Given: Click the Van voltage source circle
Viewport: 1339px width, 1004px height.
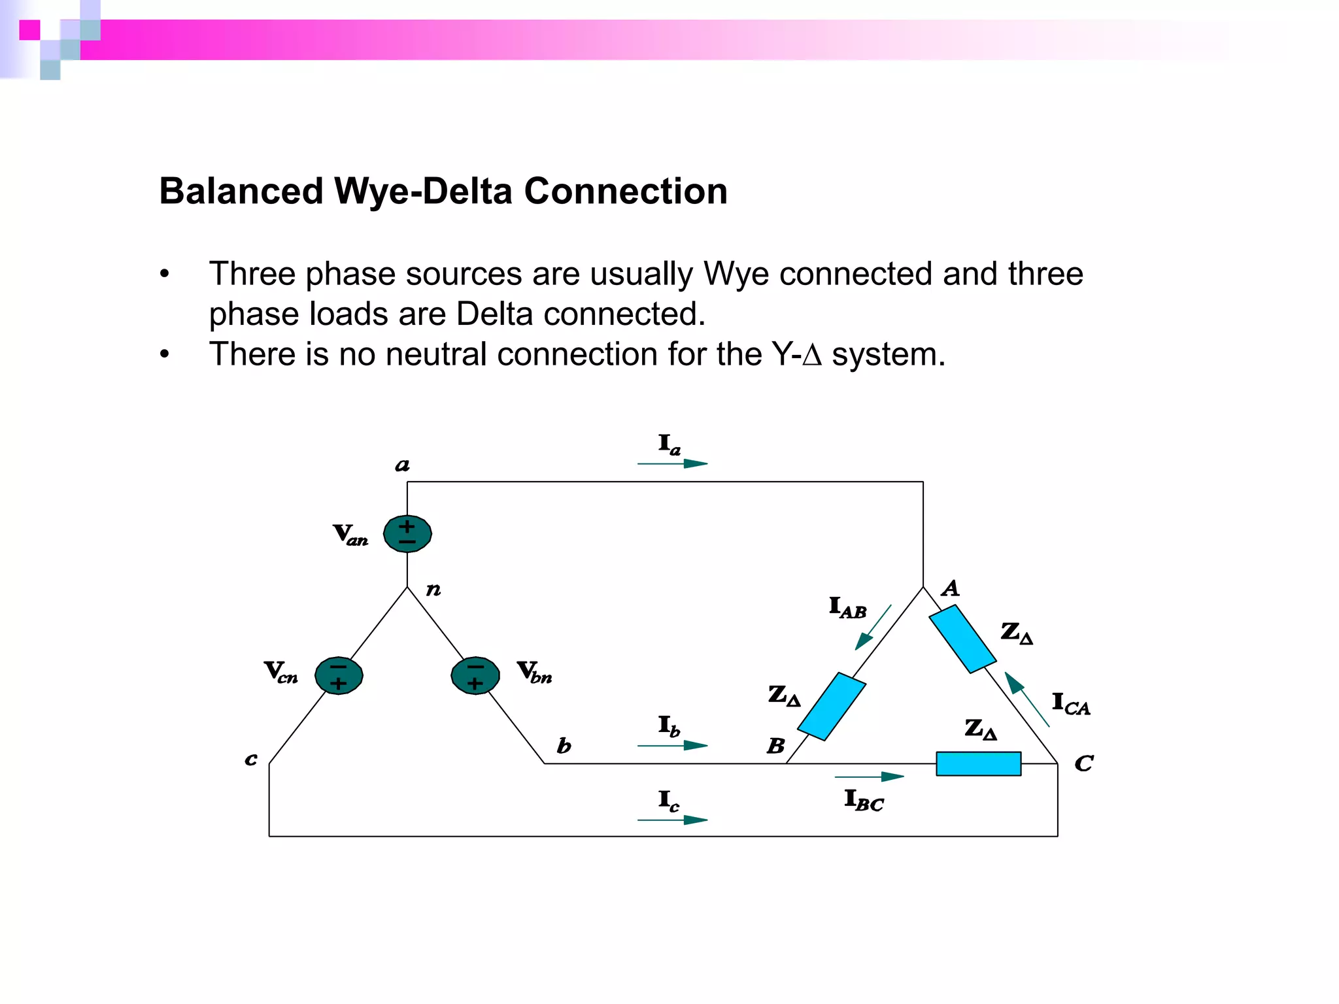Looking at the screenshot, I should pos(407,533).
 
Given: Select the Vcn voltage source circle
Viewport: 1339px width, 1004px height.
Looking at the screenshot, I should pos(339,675).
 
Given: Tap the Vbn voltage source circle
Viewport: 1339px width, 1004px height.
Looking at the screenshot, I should pos(475,675).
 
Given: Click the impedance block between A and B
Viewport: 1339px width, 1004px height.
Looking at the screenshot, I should pos(832,707).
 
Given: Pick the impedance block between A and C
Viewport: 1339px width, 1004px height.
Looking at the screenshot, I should pos(962,639).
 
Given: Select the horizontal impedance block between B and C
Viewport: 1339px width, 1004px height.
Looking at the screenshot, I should pos(978,763).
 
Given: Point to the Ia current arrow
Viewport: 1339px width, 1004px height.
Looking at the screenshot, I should pos(672,463).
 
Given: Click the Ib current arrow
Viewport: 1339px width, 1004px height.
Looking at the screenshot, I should pos(672,745).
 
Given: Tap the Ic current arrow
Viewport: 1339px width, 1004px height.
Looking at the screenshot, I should pos(672,819).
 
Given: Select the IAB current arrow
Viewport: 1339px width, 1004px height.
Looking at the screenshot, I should pos(873,627).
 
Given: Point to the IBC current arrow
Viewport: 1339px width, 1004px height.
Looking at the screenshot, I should pos(869,777).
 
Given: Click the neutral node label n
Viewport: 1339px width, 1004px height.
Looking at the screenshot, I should pos(433,590).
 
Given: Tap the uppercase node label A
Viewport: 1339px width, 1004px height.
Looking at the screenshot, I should pos(950,588).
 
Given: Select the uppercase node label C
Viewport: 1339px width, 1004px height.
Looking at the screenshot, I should pos(1083,763).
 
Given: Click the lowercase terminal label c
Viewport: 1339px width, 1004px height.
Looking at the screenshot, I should pos(251,759).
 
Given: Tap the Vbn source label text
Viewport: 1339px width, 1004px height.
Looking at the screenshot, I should pos(534,672).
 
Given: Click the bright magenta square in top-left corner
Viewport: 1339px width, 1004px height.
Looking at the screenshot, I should pos(29,30).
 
